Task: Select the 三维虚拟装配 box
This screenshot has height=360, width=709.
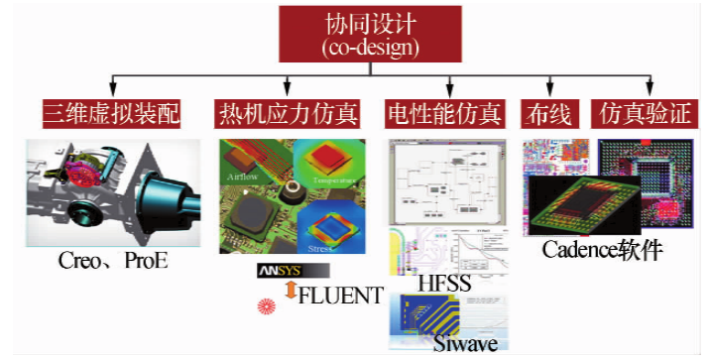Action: (111, 114)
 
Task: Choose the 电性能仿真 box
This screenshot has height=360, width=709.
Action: (446, 114)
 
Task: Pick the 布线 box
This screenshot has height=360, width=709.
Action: (547, 114)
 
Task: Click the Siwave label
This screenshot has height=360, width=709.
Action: (465, 343)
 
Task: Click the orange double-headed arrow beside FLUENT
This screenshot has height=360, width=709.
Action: (290, 292)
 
